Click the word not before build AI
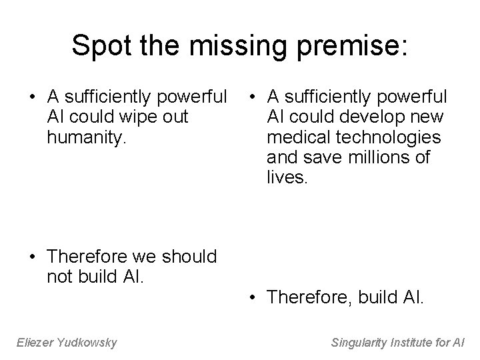pyautogui.click(x=60, y=276)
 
